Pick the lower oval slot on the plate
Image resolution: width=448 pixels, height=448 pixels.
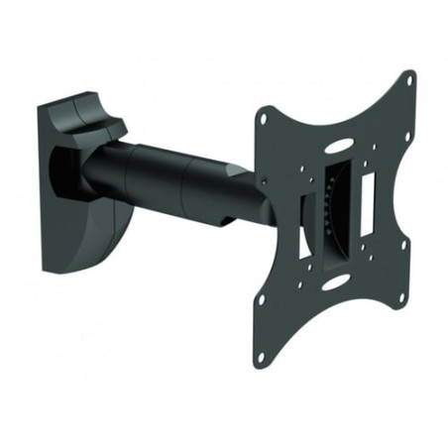click(335, 281)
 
